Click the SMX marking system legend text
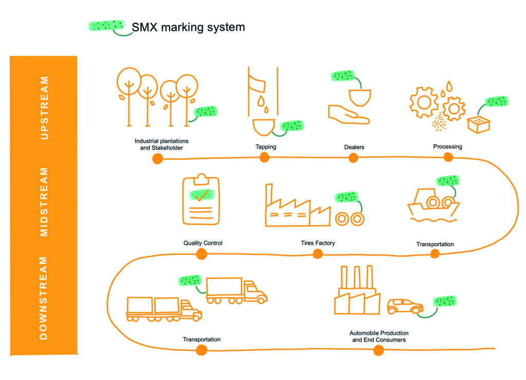tap(188, 27)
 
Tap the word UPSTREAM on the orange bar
tap(44, 108)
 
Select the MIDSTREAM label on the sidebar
tap(44, 202)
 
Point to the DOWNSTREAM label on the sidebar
tap(44, 298)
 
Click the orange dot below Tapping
tap(265, 157)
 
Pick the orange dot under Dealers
tap(353, 158)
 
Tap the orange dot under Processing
tap(448, 157)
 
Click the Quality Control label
tap(202, 243)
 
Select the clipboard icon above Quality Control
tap(201, 199)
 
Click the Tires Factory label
tap(317, 243)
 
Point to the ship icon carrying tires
tap(434, 205)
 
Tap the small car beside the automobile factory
tap(405, 306)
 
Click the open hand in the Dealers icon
tap(349, 115)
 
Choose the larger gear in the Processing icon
tap(424, 102)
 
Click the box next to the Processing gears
tap(479, 124)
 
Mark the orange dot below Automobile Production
tap(379, 351)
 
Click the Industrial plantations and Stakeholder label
tap(161, 144)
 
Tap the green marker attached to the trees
tap(205, 112)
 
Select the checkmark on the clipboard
tap(202, 195)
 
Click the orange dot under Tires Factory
tap(317, 254)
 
